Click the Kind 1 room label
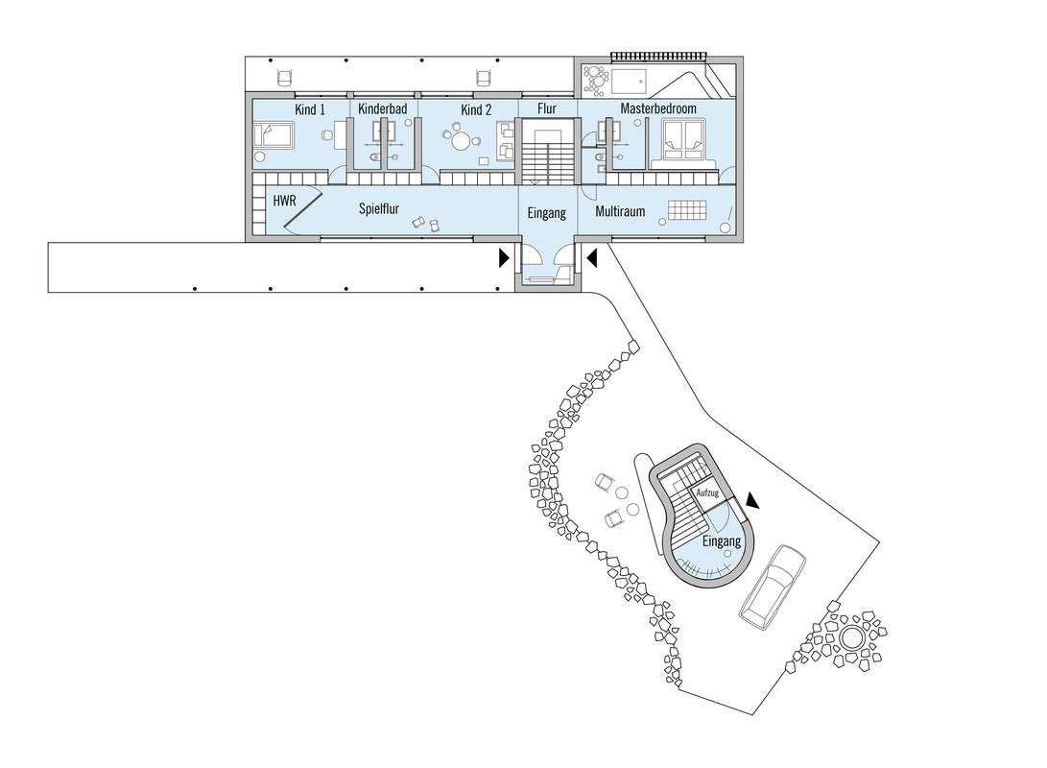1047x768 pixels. pyautogui.click(x=310, y=109)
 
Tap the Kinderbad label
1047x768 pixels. pyautogui.click(x=383, y=108)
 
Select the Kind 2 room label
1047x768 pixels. pyautogui.click(x=476, y=109)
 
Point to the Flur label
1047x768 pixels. pyautogui.click(x=547, y=108)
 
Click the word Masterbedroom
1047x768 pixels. pyautogui.click(x=658, y=108)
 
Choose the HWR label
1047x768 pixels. pyautogui.click(x=284, y=200)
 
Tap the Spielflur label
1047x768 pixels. pyautogui.click(x=379, y=208)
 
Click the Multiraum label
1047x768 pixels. pyautogui.click(x=620, y=212)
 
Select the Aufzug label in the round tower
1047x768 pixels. pyautogui.click(x=707, y=492)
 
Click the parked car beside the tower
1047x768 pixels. pyautogui.click(x=773, y=587)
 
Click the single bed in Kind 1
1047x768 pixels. pyautogui.click(x=274, y=135)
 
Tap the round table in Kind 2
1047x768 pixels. pyautogui.click(x=461, y=140)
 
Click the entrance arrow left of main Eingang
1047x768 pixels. pyautogui.click(x=504, y=258)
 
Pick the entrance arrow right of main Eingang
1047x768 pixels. pyautogui.click(x=591, y=258)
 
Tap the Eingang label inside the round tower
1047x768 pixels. pyautogui.click(x=721, y=540)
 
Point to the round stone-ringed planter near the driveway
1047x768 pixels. pyautogui.click(x=851, y=637)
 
